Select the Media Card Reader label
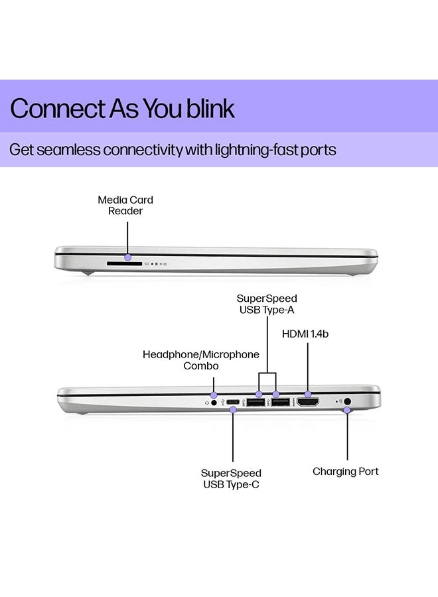tap(125, 205)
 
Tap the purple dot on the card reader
tap(128, 256)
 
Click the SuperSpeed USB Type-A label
tap(267, 304)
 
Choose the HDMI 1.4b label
tap(305, 334)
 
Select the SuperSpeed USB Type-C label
tap(231, 478)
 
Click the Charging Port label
tap(346, 472)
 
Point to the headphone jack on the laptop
tap(214, 402)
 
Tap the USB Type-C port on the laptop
tap(233, 402)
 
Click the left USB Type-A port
tap(256, 402)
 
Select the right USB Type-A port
tap(279, 402)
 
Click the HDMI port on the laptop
tap(307, 402)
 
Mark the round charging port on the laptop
tap(348, 401)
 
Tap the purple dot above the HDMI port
tap(308, 395)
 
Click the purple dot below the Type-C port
tap(233, 410)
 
